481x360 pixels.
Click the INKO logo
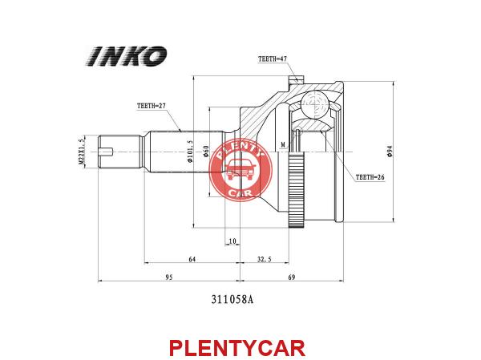127,56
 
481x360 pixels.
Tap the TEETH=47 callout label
273,59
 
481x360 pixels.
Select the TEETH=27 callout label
152,106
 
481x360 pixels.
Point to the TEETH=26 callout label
370,177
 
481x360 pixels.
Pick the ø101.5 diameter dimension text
190,152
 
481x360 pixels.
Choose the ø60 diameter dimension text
206,152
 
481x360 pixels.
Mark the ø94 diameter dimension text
390,152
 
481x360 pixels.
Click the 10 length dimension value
232,241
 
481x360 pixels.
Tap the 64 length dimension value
192,259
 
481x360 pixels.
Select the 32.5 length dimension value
264,259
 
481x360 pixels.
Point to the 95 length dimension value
169,277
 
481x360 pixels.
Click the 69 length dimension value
292,277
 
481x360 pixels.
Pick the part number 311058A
232,299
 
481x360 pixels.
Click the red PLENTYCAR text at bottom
237,348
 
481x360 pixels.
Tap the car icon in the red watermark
240,169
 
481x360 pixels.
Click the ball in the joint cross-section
314,104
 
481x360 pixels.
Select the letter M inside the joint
283,144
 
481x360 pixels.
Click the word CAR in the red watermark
240,193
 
